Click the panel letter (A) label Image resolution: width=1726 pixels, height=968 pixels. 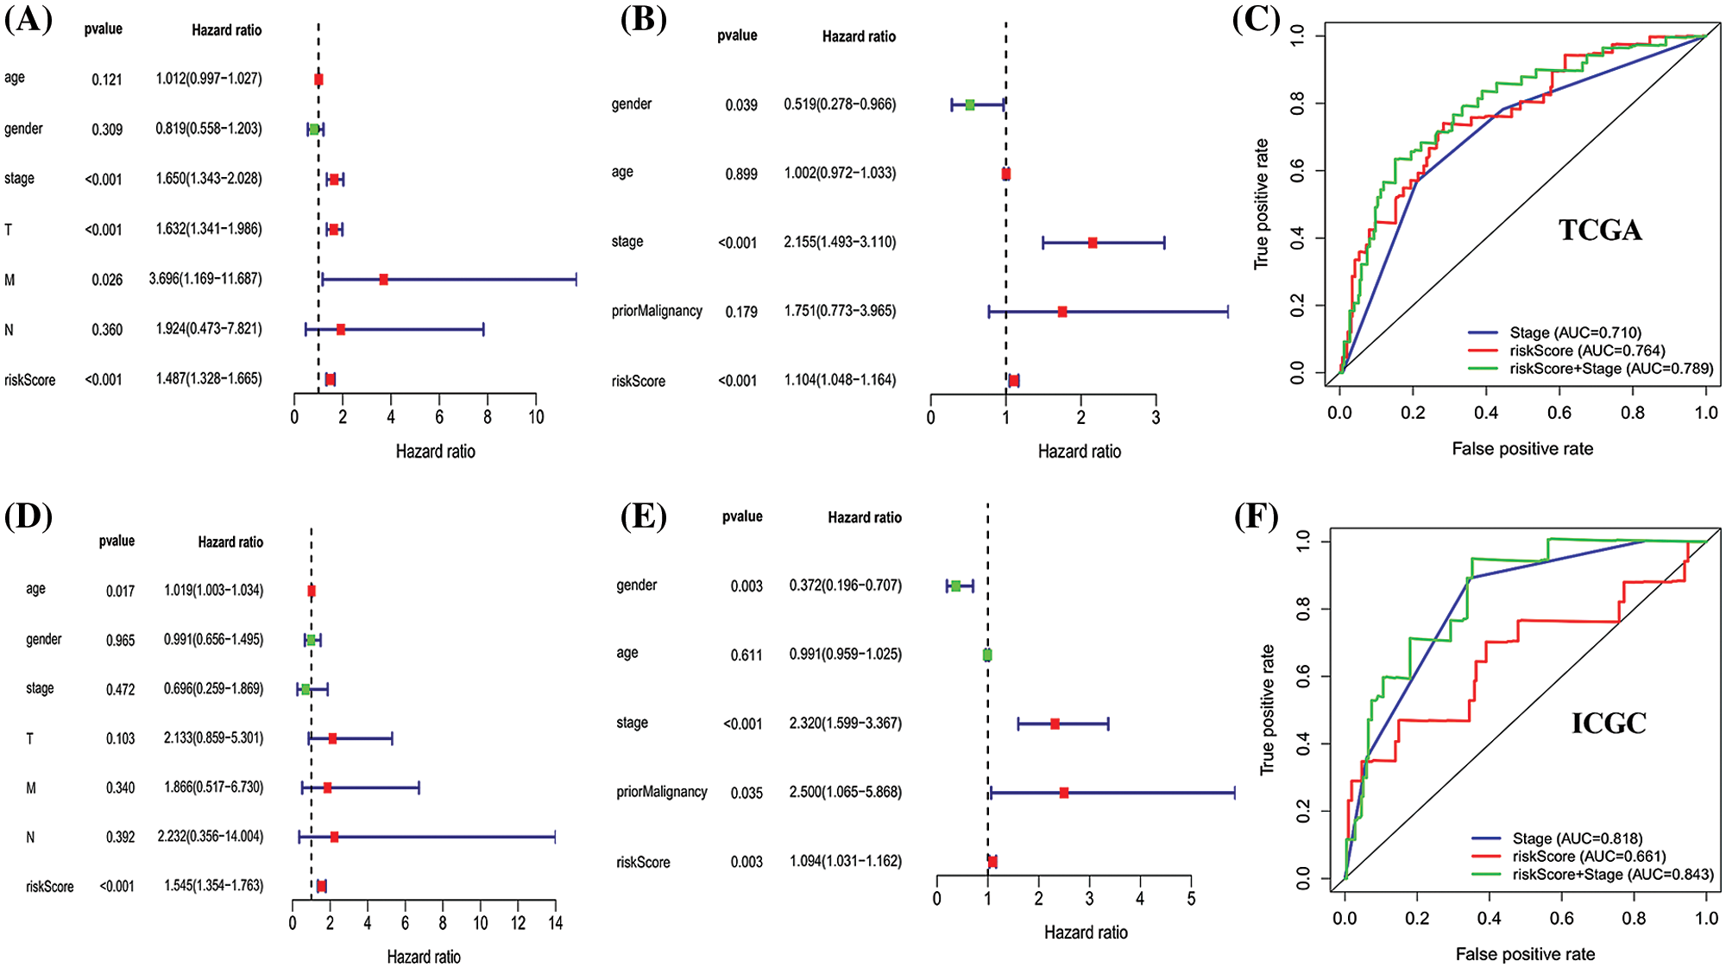click(28, 19)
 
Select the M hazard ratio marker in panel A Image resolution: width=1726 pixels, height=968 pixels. click(383, 280)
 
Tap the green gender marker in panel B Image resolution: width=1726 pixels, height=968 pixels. click(970, 104)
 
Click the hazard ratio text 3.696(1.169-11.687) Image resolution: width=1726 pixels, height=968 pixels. click(205, 279)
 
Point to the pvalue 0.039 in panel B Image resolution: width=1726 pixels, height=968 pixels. click(741, 105)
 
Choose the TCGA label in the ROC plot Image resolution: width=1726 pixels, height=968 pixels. click(1600, 230)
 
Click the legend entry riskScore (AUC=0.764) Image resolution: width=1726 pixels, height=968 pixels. click(1587, 351)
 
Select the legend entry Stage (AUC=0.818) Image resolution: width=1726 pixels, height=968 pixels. click(1577, 838)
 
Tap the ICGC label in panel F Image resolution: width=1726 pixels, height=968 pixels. click(1609, 723)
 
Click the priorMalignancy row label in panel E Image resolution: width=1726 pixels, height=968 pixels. click(661, 792)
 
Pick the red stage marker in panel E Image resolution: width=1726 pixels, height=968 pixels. click(1055, 724)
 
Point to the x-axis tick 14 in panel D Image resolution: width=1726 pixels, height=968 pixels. click(555, 923)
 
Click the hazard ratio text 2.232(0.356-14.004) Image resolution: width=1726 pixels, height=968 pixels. click(211, 837)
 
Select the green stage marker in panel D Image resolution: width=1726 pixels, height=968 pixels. click(306, 689)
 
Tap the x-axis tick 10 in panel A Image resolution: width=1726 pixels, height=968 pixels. click(536, 418)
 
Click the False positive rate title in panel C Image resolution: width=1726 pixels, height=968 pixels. click(1522, 449)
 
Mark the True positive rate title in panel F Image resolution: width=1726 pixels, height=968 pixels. click(1267, 710)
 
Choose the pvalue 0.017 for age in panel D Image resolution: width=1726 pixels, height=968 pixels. click(120, 592)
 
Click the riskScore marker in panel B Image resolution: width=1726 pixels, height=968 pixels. click(1013, 381)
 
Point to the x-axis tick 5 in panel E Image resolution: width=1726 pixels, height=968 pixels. click(1191, 900)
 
